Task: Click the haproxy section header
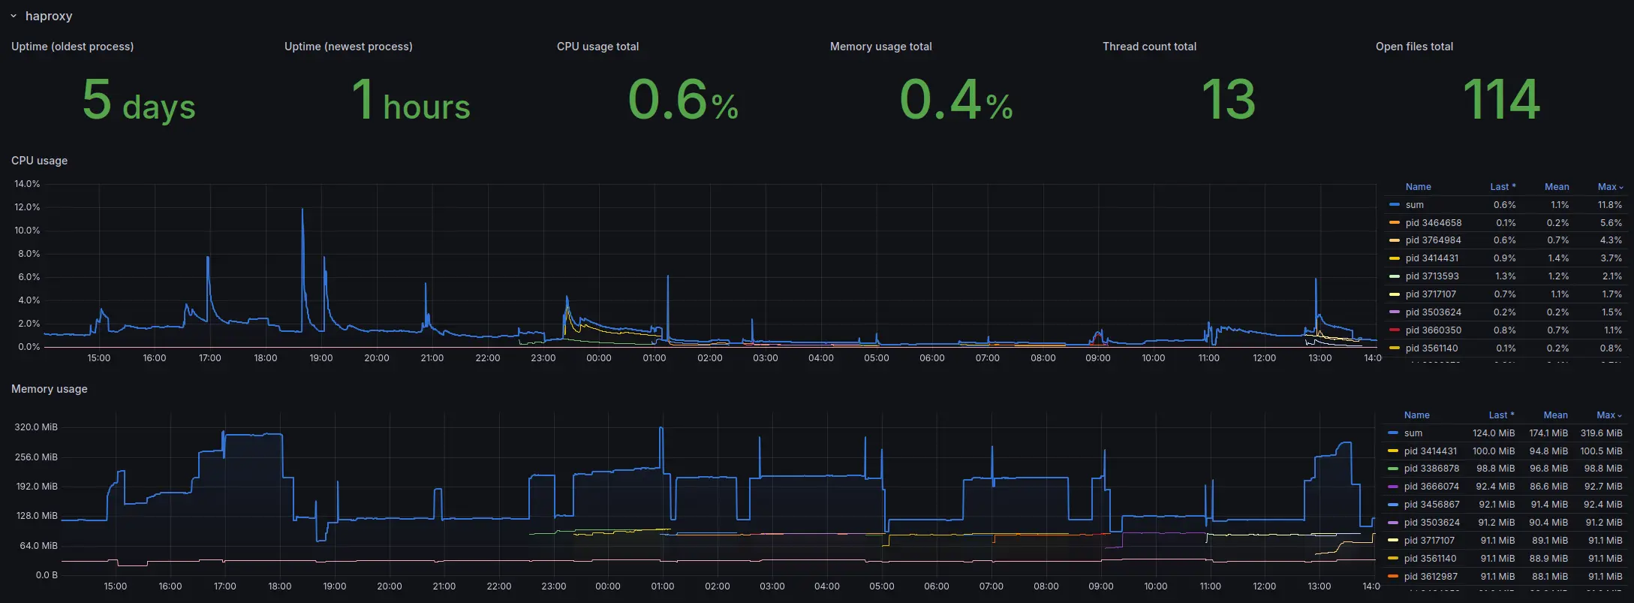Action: [48, 16]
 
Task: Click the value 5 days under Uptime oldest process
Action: [139, 101]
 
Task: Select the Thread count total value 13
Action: [1229, 100]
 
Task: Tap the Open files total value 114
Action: [1501, 100]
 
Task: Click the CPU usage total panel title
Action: [597, 47]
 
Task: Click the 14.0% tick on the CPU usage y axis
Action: [27, 184]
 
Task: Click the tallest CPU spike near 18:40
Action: [302, 210]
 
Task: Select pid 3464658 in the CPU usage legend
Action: [1433, 223]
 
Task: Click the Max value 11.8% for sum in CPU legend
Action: [1609, 205]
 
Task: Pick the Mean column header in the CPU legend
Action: [1556, 187]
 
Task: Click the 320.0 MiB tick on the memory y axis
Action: [36, 427]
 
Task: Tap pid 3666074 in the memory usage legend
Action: [1431, 487]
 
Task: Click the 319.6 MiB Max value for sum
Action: [1601, 433]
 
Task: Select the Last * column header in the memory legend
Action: [1501, 415]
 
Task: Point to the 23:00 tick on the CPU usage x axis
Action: [543, 358]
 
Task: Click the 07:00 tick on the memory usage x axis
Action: [991, 586]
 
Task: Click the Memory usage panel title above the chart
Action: [49, 389]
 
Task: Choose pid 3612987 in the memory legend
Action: [1431, 577]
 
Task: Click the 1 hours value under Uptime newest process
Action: [411, 101]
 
